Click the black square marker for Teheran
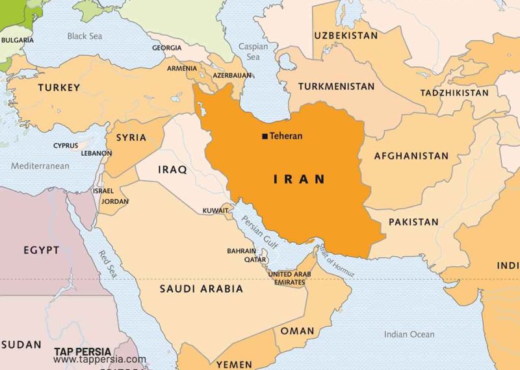pos(265,136)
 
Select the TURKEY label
pos(59,88)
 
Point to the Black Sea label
pos(84,36)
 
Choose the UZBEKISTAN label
pos(346,35)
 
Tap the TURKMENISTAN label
pos(337,86)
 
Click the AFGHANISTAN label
pos(411,156)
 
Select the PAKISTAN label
pos(413,222)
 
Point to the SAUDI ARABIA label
pos(201,289)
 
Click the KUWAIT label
pos(215,211)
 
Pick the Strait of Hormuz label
pos(335,259)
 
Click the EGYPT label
pos(42,250)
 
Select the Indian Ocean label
pos(409,334)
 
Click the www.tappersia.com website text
pos(99,359)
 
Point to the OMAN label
pos(297,331)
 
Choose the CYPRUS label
pos(66,146)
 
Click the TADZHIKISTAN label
pos(454,93)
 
